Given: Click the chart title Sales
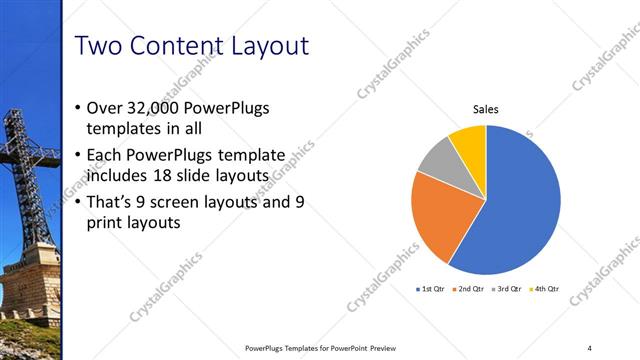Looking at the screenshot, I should (486, 110).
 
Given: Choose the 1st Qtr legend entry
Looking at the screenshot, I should (433, 289).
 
